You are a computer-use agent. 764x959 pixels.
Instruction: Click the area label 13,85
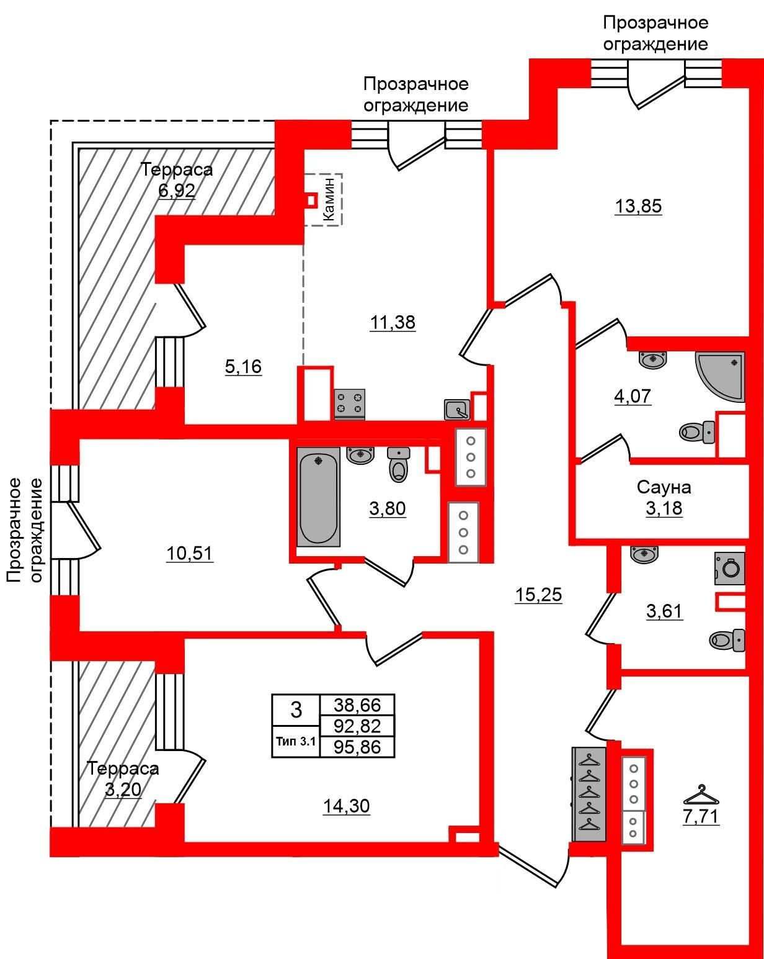pyautogui.click(x=638, y=207)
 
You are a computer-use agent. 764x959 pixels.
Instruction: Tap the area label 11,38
pyautogui.click(x=393, y=322)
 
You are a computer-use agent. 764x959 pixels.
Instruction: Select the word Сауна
pyautogui.click(x=664, y=487)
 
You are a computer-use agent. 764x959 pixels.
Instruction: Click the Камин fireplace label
pyautogui.click(x=329, y=199)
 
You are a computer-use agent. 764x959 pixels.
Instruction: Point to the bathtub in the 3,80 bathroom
pyautogui.click(x=318, y=497)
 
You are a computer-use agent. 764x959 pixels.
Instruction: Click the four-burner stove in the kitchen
pyautogui.click(x=350, y=403)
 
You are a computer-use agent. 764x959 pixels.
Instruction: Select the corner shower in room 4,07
pyautogui.click(x=721, y=377)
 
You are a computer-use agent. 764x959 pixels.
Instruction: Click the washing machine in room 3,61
pyautogui.click(x=730, y=569)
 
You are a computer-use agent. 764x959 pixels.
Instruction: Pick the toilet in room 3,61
pyautogui.click(x=727, y=641)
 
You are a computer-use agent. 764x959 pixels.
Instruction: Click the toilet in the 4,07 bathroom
pyautogui.click(x=697, y=432)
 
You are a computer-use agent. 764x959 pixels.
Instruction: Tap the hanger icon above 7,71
pyautogui.click(x=701, y=794)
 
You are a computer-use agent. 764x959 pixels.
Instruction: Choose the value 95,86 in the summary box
pyautogui.click(x=357, y=747)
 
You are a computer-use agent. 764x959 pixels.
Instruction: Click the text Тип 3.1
pyautogui.click(x=296, y=741)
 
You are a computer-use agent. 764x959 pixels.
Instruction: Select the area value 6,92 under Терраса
pyautogui.click(x=177, y=191)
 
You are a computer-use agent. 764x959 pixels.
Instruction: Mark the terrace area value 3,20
pyautogui.click(x=123, y=789)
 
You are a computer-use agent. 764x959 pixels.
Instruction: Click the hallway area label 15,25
pyautogui.click(x=538, y=595)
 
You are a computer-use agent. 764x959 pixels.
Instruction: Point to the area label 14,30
pyautogui.click(x=347, y=806)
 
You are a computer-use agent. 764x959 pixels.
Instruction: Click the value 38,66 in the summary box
pyautogui.click(x=357, y=705)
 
